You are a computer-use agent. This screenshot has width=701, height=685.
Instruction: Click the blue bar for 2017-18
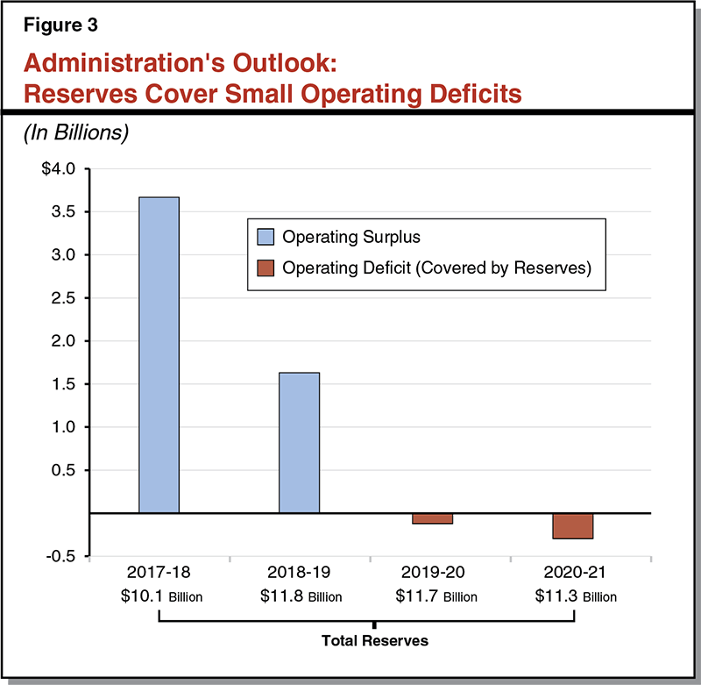(x=159, y=354)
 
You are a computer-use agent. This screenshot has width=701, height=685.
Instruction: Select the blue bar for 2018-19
(x=299, y=442)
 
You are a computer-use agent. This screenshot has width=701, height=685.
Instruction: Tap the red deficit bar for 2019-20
(x=432, y=518)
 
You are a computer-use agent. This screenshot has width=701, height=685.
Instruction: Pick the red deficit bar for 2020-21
(x=573, y=525)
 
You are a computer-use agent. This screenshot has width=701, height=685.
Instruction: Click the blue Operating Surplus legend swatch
(x=266, y=237)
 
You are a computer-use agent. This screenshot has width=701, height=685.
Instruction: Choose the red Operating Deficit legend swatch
(x=266, y=268)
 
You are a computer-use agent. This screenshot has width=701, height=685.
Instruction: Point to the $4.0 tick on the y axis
(x=60, y=168)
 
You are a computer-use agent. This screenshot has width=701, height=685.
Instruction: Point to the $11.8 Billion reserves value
(x=301, y=597)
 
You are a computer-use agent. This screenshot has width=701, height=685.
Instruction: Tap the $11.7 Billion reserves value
(x=435, y=597)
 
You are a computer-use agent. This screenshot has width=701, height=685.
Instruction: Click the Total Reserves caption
(x=374, y=641)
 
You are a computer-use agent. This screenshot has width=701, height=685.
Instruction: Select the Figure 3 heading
(x=60, y=25)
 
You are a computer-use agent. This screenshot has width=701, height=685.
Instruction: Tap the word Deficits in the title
(x=470, y=93)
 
